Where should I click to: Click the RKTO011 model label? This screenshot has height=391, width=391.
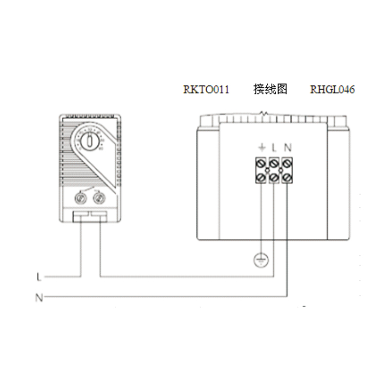point(206,90)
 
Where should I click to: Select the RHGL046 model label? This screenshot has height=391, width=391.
point(332,90)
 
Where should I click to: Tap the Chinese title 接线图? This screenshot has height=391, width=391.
point(270,89)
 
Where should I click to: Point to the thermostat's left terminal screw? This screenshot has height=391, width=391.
point(80,198)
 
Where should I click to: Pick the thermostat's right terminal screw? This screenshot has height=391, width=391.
point(99,198)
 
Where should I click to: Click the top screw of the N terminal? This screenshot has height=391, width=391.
point(288,161)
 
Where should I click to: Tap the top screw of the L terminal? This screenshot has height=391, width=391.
point(274,161)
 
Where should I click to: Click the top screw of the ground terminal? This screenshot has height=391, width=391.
point(261,161)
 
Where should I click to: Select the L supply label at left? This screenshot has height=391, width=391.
point(39,277)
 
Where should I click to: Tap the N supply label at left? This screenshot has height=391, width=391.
point(39,297)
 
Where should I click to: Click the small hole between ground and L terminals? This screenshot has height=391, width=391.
point(267,170)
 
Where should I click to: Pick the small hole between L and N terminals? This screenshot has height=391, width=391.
point(281,170)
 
